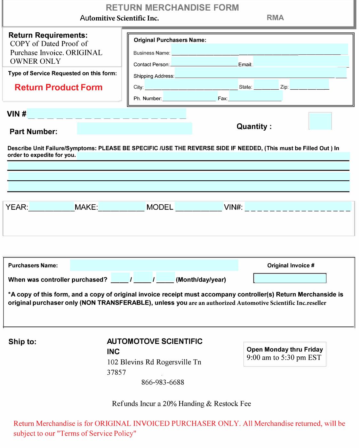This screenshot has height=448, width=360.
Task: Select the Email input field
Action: point(301,61)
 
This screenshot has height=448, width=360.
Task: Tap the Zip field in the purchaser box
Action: point(309,85)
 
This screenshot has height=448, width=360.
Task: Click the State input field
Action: point(266,85)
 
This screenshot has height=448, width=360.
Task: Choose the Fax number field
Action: point(255,96)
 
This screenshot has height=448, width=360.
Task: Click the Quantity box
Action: point(320,121)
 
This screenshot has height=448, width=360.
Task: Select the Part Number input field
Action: point(134,128)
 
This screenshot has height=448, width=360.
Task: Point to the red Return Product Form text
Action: point(59,87)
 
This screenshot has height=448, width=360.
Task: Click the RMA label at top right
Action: point(275,18)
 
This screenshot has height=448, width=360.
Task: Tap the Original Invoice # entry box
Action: point(290,278)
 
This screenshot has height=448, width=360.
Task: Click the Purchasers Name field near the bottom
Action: point(154,265)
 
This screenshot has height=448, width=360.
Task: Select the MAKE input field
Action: point(121,207)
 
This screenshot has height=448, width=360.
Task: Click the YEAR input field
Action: point(51,207)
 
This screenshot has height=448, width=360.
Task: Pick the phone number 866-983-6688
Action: point(163,382)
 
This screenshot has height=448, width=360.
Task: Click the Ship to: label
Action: point(22,342)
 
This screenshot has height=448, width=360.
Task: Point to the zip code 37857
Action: point(116,372)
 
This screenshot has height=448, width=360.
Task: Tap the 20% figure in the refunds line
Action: point(170,404)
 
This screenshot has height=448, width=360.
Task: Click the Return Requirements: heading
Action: point(48,35)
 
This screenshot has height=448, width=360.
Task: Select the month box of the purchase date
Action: point(120,277)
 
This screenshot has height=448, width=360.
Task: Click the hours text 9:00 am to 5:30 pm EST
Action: point(284,358)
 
